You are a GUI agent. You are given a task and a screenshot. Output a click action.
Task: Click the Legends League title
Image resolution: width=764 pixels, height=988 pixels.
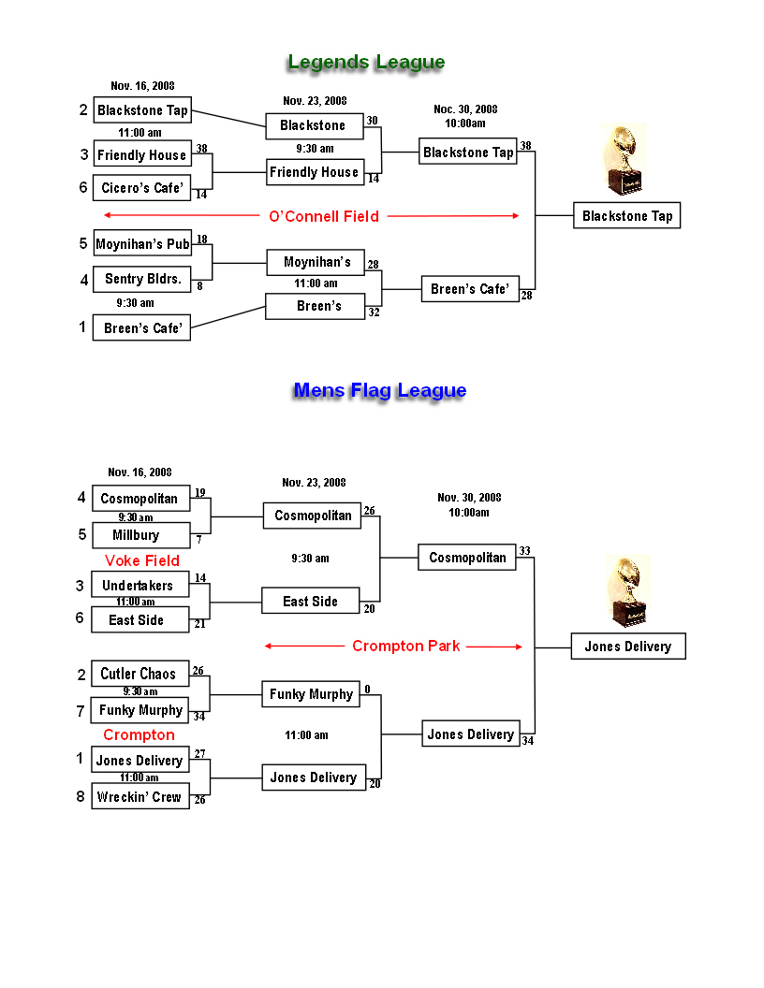[366, 62]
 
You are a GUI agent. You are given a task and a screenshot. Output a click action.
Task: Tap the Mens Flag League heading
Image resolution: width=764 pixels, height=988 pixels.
[380, 391]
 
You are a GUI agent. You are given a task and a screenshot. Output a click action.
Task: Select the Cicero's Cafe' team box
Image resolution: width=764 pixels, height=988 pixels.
[141, 188]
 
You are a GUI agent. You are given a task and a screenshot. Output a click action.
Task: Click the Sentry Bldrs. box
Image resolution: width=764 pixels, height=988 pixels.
[142, 279]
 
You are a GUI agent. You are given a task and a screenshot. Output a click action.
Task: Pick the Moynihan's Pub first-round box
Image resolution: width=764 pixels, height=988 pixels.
[142, 243]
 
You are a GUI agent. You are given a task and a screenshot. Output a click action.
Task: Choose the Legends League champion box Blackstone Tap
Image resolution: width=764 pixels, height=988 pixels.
[626, 215]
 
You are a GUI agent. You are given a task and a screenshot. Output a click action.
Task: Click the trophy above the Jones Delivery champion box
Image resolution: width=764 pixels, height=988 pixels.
[628, 591]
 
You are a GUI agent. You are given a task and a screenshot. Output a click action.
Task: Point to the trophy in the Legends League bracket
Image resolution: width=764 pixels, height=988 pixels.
[624, 159]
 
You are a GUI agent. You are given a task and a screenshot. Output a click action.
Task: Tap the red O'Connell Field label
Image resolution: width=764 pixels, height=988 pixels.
[324, 216]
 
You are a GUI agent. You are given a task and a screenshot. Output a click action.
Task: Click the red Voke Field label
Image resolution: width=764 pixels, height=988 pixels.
[141, 560]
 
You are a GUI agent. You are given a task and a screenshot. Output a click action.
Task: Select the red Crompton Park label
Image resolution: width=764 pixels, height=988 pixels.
[406, 646]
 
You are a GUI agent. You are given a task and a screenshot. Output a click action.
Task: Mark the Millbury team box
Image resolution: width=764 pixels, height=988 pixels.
[141, 535]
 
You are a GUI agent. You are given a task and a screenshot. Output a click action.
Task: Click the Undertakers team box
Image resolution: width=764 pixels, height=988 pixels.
[140, 585]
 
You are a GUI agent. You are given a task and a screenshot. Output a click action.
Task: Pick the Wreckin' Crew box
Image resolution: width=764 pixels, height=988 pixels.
[140, 796]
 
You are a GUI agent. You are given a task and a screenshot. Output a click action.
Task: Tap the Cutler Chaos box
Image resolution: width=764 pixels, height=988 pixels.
[140, 674]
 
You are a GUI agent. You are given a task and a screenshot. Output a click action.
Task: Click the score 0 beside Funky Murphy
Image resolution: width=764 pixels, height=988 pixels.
[368, 690]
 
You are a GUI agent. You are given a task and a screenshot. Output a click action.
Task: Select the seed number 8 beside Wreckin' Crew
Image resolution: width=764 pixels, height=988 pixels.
[81, 796]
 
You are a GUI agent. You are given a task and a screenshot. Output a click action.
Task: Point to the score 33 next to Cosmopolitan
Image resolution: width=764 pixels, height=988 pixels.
[524, 551]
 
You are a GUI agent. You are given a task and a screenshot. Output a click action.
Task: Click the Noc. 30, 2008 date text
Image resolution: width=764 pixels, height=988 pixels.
[465, 109]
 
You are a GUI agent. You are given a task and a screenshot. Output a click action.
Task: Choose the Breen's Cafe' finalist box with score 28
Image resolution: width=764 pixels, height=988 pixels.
[470, 288]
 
